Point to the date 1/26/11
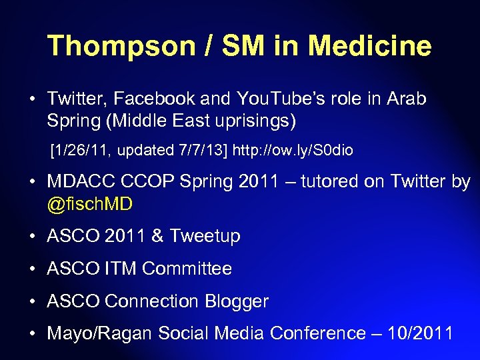coord(77,151)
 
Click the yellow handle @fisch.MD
coord(90,204)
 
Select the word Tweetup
coord(205,236)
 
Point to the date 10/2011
coord(422,333)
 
